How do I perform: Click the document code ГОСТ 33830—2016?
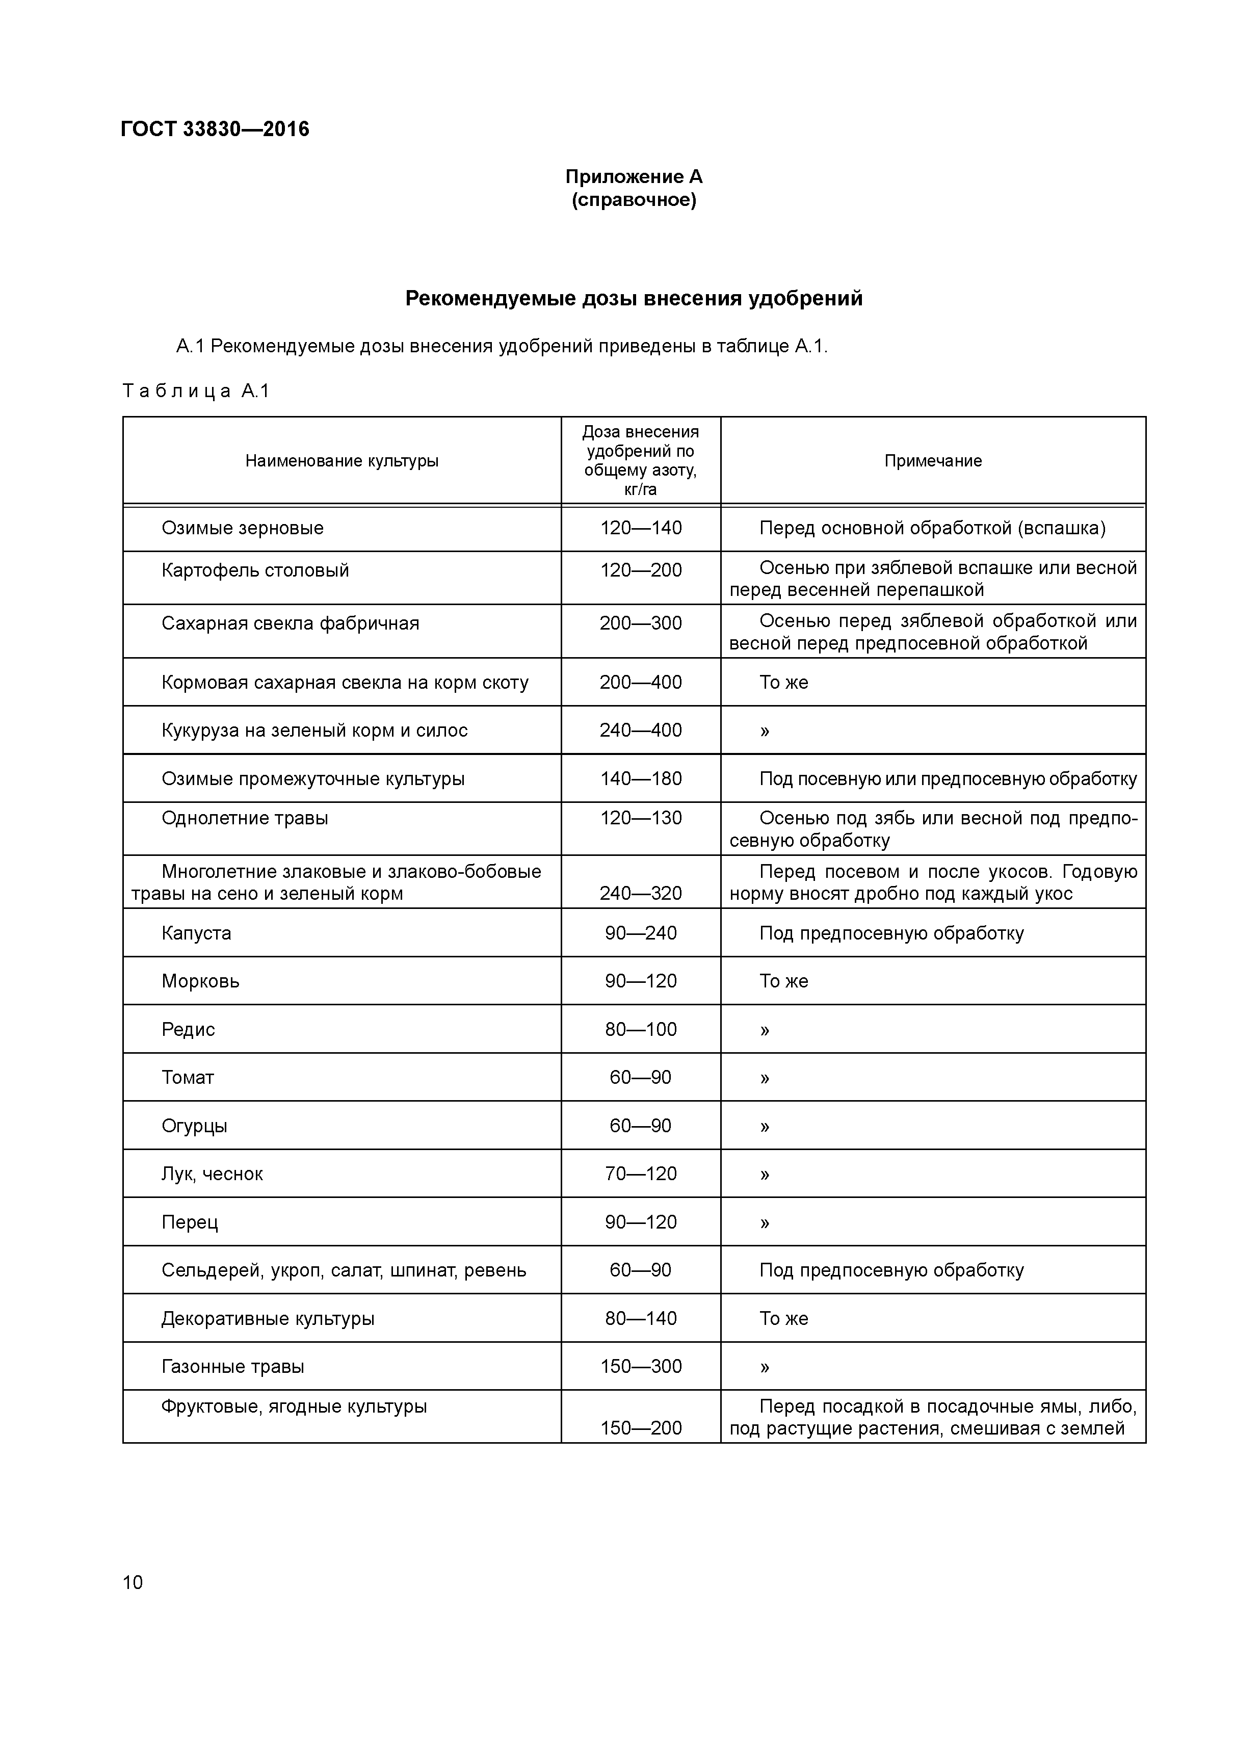tap(215, 129)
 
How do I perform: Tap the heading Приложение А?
tap(634, 177)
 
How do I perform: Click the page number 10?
tap(133, 1582)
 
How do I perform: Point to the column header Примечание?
tap(932, 461)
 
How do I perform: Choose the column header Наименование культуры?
tap(342, 461)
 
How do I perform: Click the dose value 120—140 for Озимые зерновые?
tap(640, 528)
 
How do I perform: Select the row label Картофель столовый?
tap(255, 570)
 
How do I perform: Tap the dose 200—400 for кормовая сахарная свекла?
tap(640, 682)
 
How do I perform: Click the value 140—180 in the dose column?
tap(640, 779)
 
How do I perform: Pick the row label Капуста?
tap(196, 933)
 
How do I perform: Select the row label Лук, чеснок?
tap(212, 1174)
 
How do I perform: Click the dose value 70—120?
tap(640, 1174)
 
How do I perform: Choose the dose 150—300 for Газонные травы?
tap(640, 1367)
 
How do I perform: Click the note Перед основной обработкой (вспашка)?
tap(932, 528)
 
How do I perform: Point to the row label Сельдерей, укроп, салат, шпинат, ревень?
tap(344, 1270)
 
